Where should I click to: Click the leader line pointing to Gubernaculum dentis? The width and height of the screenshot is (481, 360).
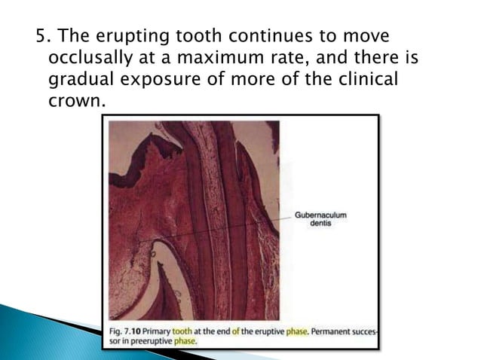coord(226,227)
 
